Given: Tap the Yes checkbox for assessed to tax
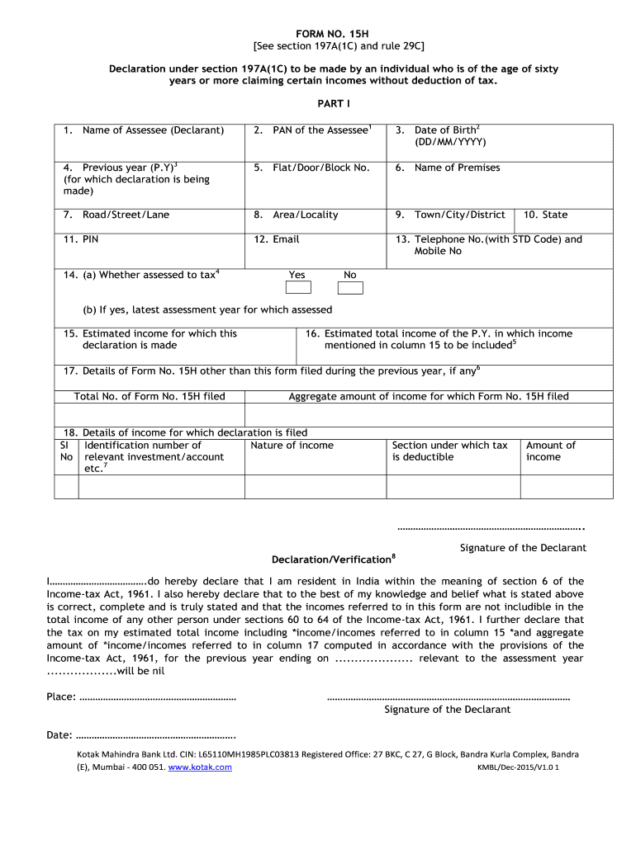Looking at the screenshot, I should point(298,287).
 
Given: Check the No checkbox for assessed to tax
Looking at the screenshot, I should point(350,287).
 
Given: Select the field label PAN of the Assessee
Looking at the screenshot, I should point(314,130).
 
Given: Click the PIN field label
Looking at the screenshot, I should point(82,239).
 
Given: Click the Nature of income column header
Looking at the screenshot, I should point(292,446).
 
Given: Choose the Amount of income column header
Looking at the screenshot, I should point(550,451).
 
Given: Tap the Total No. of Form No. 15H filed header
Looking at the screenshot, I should point(150,396).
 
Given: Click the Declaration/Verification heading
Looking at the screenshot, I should point(332,559).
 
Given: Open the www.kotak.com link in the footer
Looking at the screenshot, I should point(200,767).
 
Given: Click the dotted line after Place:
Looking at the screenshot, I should point(157,698).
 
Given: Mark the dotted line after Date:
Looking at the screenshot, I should point(156,734).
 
